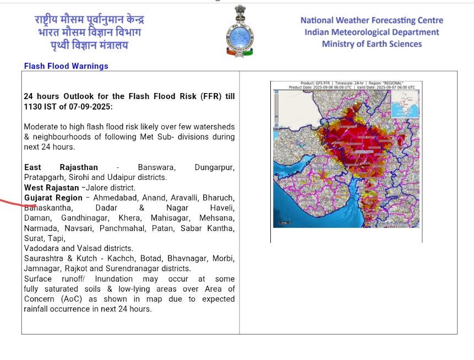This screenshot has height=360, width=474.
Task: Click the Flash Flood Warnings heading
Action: [66, 66]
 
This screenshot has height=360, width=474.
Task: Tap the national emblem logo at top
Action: [239, 32]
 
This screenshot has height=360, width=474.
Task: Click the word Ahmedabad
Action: [116, 198]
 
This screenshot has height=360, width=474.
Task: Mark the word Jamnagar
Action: [42, 269]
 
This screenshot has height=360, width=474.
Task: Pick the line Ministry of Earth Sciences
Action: [372, 44]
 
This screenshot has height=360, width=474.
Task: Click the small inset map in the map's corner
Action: [406, 104]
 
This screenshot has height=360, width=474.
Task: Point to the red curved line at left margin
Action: [17, 203]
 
